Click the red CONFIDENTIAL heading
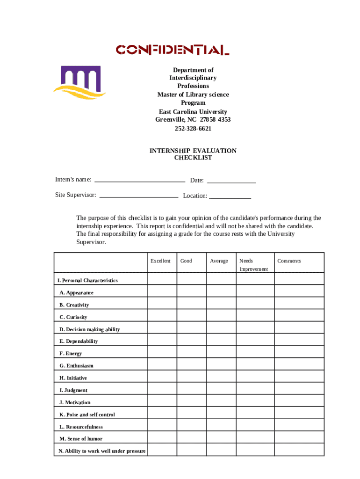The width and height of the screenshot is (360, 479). (173, 50)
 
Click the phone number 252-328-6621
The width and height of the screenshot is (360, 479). (193, 128)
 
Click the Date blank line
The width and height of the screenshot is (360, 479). (231, 181)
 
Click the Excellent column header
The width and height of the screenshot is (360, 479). (161, 261)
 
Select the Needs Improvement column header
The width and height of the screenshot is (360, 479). (254, 265)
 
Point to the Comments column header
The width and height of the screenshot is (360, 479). (289, 261)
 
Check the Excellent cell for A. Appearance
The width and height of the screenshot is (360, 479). (162, 291)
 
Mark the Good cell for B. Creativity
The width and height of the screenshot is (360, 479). (191, 304)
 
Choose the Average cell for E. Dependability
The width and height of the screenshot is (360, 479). (221, 340)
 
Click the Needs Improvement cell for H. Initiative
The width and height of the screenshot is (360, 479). (254, 377)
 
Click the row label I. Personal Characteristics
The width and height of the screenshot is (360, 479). (87, 280)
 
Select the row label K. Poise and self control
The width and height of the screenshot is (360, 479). (87, 414)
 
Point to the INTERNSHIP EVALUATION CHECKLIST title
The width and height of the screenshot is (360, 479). (193, 154)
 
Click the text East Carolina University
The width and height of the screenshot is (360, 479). (193, 111)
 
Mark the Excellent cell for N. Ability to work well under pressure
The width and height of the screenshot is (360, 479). (162, 450)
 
